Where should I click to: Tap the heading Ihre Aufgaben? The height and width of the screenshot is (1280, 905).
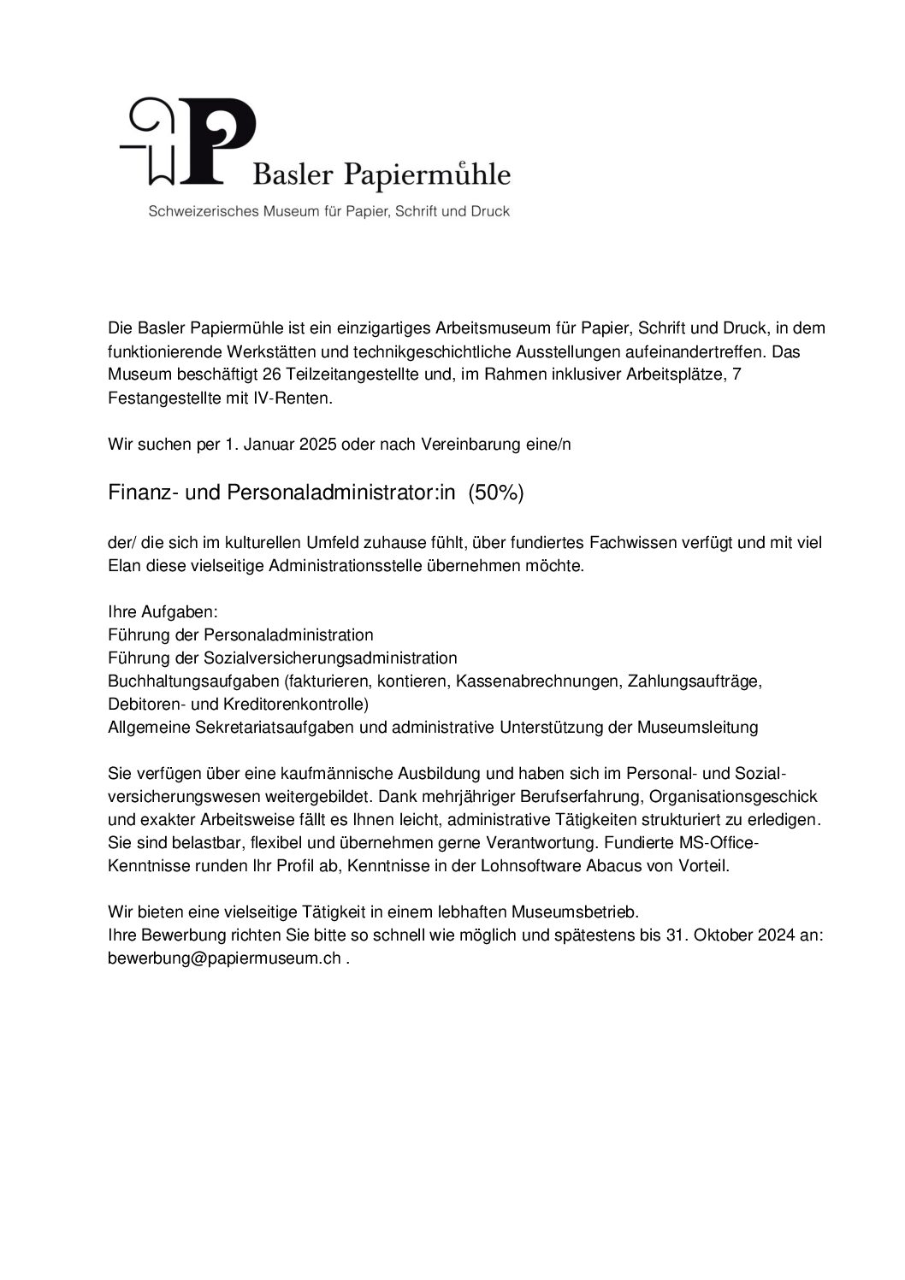[163, 612]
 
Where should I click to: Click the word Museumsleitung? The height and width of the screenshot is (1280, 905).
[697, 728]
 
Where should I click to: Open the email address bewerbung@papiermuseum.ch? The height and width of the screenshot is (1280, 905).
[224, 959]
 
